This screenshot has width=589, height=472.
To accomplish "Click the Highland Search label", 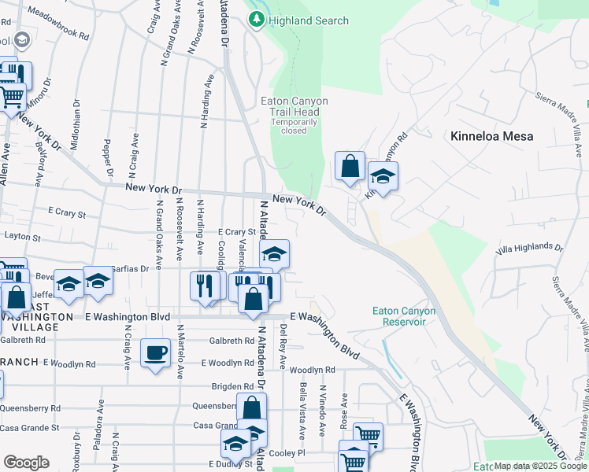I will point(307,20).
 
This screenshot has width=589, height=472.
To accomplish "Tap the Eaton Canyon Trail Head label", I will point(294,106).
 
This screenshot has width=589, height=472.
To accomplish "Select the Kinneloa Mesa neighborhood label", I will point(491,136).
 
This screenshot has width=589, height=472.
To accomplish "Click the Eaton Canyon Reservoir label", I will point(403,315).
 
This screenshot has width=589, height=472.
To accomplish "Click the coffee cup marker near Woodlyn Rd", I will point(155,352).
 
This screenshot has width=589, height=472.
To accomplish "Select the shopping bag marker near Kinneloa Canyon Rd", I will point(350,167).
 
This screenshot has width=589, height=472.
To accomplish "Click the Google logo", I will point(26,463).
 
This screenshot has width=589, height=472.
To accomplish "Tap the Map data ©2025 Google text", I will point(539,466).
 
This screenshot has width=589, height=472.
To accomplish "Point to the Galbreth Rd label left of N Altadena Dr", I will point(232,341).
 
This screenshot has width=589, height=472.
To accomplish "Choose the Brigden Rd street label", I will point(232,386).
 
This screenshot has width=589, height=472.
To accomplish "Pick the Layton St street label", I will point(21,237).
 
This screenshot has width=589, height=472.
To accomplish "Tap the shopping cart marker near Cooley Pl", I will point(368,435).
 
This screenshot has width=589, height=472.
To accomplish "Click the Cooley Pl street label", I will point(289,454).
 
